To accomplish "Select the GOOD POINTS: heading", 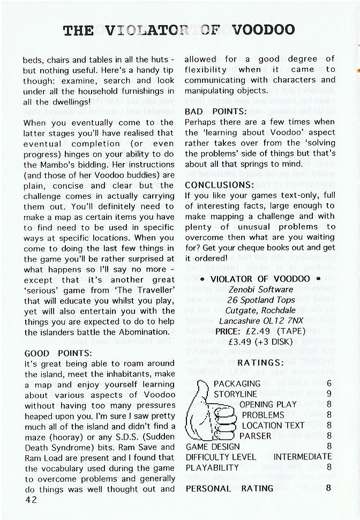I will [58, 354].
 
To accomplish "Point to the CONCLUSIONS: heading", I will [220, 185].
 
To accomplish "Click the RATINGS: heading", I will [260, 363].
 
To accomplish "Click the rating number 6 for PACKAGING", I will [328, 384].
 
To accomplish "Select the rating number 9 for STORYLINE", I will [328, 394].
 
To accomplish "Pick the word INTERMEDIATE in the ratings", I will [303, 457].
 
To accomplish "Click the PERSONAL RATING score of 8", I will [328, 488].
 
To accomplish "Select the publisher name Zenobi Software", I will [260, 289].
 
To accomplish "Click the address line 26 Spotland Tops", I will [260, 300].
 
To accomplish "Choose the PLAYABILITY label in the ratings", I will [212, 467].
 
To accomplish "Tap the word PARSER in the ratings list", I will [256, 436].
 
